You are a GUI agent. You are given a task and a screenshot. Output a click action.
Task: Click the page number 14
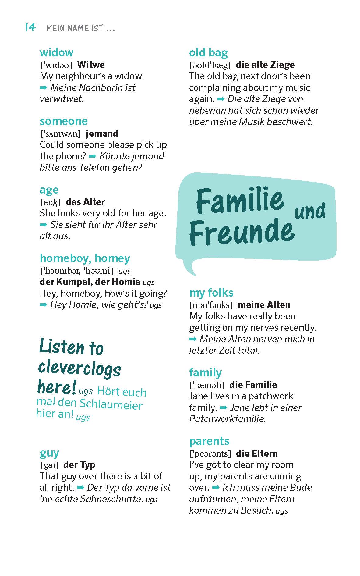[x=30, y=27]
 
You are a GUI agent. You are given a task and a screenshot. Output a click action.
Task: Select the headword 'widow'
[x=56, y=52]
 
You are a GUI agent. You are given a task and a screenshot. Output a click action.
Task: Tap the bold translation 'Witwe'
[x=91, y=65]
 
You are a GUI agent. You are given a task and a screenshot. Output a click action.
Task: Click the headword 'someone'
[x=63, y=121]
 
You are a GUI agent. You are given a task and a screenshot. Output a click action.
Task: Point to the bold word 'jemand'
[x=102, y=133]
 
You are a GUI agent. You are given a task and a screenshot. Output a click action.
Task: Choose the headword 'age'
[x=49, y=190]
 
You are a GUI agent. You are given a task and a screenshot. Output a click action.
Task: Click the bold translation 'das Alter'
[x=85, y=202]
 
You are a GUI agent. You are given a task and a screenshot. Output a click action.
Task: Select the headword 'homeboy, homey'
[x=85, y=258]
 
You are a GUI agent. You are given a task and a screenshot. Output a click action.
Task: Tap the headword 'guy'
[x=49, y=453]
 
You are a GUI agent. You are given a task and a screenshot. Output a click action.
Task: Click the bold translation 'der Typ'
[x=79, y=464]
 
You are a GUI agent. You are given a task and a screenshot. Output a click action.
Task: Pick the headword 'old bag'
[x=208, y=53]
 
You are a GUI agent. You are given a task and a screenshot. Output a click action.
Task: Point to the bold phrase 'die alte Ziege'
[x=265, y=65]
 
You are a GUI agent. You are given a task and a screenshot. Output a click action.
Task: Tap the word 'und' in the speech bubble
[x=310, y=211]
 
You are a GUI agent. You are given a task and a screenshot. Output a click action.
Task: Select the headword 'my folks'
[x=211, y=293]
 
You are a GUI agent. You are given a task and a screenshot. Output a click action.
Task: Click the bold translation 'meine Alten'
[x=264, y=304]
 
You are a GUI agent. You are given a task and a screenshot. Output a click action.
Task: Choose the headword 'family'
[x=205, y=372]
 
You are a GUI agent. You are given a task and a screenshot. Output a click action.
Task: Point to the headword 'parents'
[x=209, y=441]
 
